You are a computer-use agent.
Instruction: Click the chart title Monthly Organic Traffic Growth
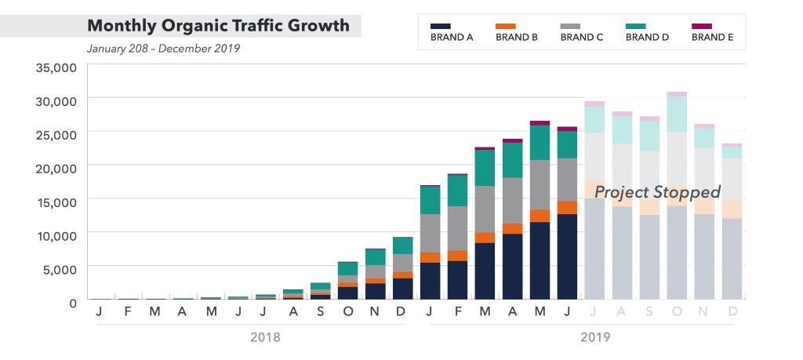click(x=218, y=25)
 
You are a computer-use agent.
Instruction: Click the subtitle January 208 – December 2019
click(x=163, y=49)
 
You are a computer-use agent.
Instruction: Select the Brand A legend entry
click(x=452, y=32)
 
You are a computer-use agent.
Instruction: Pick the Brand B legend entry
click(x=517, y=32)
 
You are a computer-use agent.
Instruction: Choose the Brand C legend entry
click(x=582, y=32)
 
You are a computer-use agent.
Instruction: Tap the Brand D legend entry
click(x=647, y=32)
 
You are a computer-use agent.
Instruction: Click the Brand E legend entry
click(x=712, y=32)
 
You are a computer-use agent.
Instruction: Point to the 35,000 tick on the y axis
click(x=56, y=67)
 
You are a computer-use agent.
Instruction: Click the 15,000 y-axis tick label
click(x=56, y=201)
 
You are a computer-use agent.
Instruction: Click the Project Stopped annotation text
click(x=657, y=192)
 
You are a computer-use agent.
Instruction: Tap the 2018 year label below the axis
click(x=264, y=337)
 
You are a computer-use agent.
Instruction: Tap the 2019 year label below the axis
click(x=594, y=337)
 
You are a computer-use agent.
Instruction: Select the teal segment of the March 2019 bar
click(x=485, y=167)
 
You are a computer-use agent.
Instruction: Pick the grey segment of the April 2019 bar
click(x=512, y=200)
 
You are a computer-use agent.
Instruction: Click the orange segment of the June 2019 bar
click(x=567, y=208)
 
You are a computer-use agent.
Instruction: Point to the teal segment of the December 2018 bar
click(x=402, y=245)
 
